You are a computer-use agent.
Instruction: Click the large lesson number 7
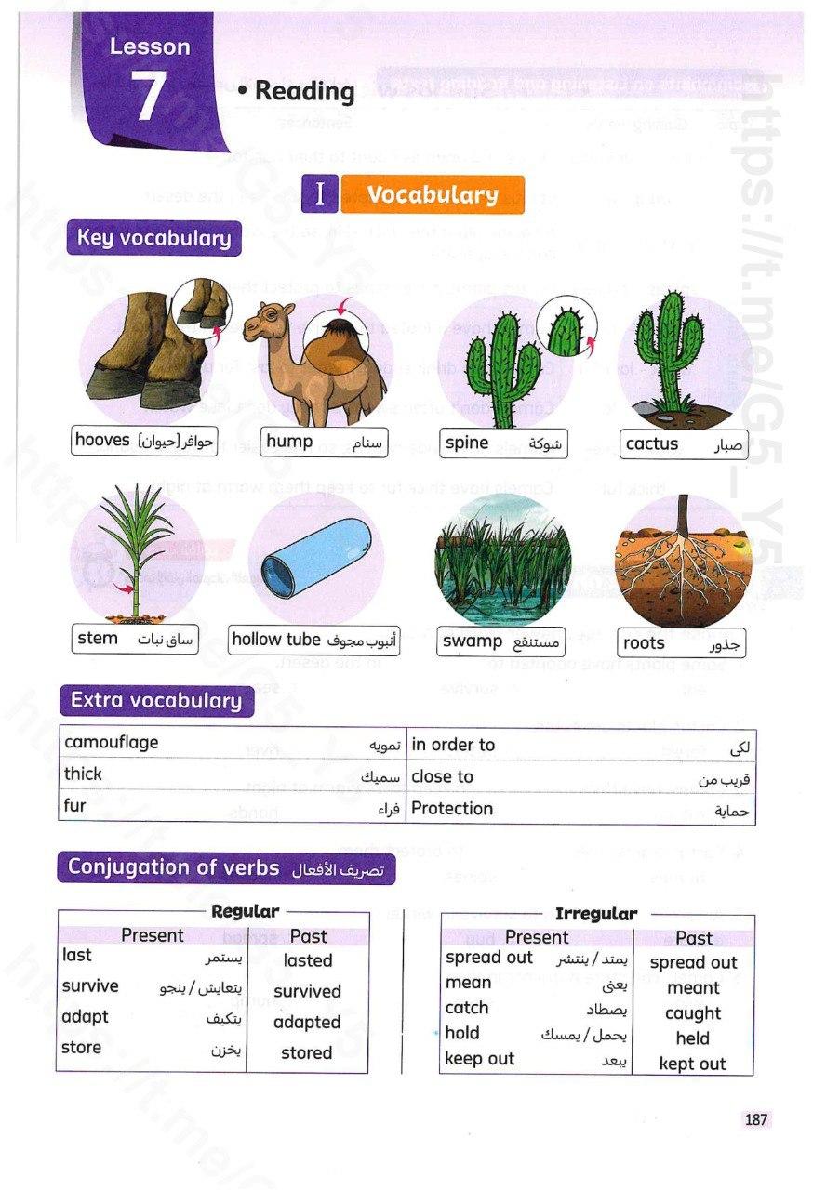pos(150,97)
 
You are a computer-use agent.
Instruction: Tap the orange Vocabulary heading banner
pos(432,194)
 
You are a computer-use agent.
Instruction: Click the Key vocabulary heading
pos(153,238)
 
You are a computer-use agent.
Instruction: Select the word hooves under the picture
pos(102,440)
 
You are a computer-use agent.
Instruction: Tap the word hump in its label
pos(289,441)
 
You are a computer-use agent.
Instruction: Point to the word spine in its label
pos(467,443)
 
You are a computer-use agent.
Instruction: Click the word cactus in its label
pos(652,443)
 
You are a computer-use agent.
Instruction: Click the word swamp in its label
pos(473,641)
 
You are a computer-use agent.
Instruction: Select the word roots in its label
pos(644,642)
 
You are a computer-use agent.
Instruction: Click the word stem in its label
pos(98,638)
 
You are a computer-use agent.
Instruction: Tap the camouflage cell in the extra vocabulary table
pos(112,742)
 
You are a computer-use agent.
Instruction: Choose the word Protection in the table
pos(452,808)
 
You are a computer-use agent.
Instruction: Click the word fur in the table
pos(74,805)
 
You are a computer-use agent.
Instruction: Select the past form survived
pos(307,991)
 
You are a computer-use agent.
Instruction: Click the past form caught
pos(693,1012)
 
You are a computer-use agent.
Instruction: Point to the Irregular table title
pos(595,914)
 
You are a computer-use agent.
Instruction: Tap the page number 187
pos(755,1120)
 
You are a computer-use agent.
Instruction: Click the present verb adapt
pos(85,1016)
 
